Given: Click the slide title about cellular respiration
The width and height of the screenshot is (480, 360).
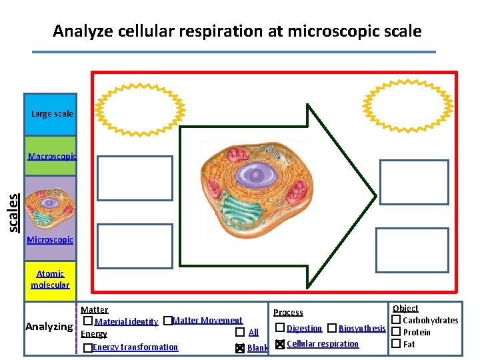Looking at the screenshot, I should (237, 31).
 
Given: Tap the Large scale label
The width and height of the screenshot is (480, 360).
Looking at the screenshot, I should (52, 114).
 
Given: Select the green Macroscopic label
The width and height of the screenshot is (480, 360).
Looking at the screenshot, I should (52, 157).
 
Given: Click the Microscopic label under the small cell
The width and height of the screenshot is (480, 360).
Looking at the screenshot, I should (50, 239).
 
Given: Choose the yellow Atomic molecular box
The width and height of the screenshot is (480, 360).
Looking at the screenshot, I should (50, 279).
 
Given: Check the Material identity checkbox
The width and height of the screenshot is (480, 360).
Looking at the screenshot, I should (88, 321).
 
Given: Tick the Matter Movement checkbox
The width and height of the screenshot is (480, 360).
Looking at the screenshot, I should (168, 321).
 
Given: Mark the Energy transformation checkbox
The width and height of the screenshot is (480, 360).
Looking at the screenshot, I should (88, 348).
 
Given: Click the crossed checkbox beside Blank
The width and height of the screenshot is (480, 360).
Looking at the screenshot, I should (239, 348).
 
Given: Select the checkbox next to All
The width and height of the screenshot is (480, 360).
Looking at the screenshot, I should (239, 332).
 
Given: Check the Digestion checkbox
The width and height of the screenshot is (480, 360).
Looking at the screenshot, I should (280, 328).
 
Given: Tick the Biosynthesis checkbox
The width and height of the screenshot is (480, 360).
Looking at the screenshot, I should (331, 328).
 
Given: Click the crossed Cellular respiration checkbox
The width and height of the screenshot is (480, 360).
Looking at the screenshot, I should (280, 344).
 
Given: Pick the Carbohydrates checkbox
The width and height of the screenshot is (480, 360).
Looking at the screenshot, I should (395, 321).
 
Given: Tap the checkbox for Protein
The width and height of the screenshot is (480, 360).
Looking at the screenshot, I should (395, 332).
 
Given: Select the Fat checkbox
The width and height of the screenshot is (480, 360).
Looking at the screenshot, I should (395, 344).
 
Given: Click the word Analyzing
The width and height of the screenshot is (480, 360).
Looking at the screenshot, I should (49, 327).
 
